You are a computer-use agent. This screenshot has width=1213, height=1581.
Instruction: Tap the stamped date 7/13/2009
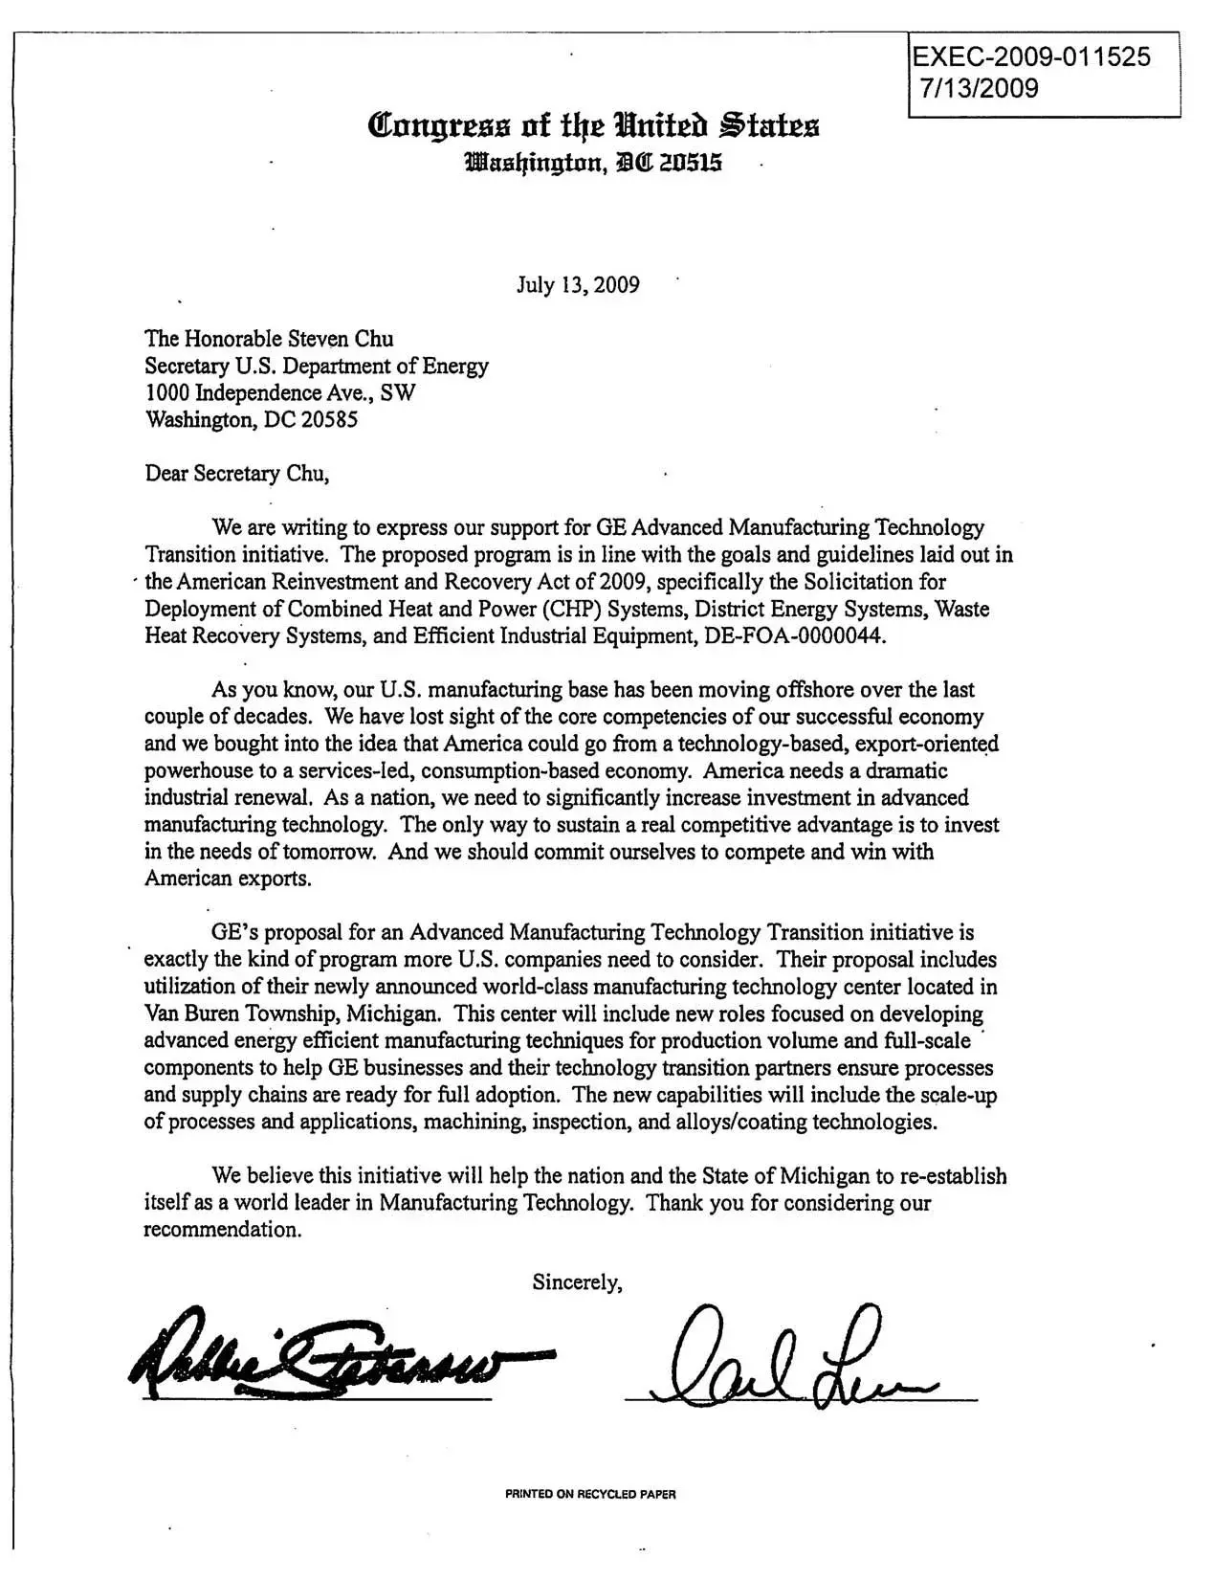pos(979,88)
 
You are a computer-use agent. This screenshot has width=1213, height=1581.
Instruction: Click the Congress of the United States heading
pos(593,125)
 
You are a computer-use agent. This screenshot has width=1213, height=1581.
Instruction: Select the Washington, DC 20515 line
pos(593,164)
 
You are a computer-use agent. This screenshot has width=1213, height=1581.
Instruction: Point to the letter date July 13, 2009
pos(578,285)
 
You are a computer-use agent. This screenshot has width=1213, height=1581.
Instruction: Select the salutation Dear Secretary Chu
pos(237,473)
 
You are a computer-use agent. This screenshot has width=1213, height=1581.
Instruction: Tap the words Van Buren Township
pos(239,1013)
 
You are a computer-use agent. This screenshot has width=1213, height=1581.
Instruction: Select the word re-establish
pos(953,1176)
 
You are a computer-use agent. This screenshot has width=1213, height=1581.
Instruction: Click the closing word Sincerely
pos(578,1282)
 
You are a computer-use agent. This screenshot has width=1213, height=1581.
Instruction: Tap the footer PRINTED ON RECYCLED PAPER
pos(590,1494)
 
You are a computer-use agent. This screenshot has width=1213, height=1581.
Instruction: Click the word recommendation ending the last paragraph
pos(222,1230)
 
